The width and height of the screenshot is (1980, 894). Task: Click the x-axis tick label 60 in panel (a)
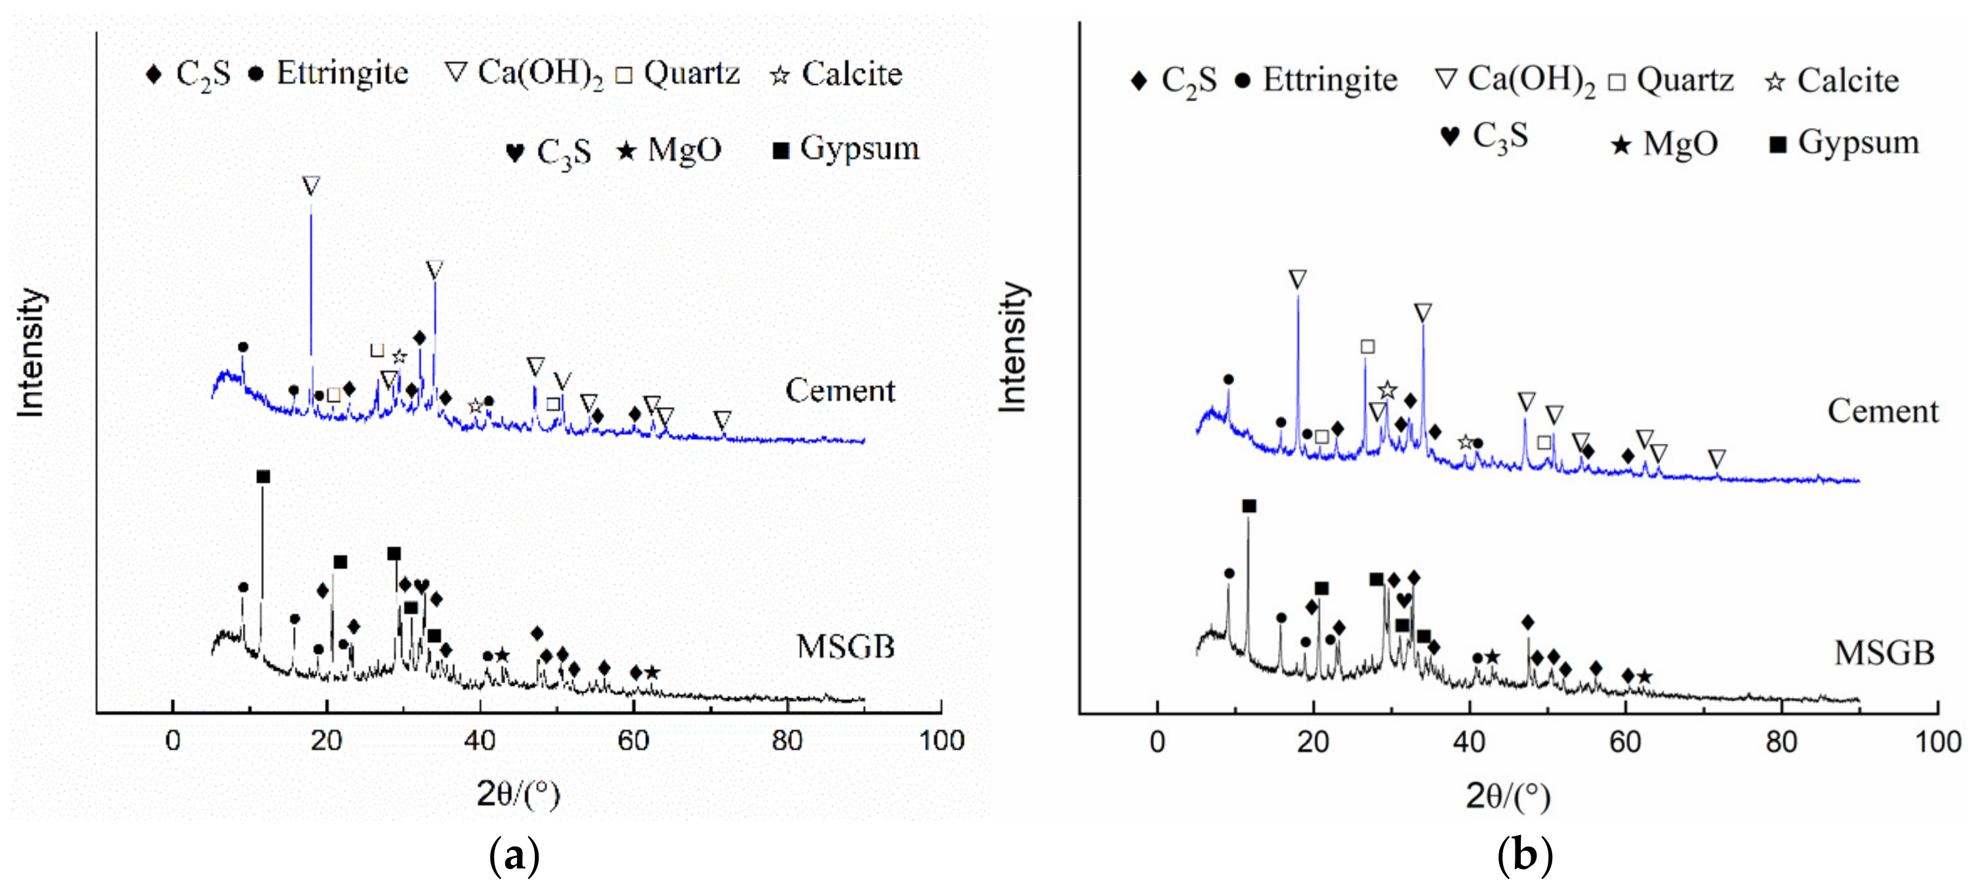tap(633, 741)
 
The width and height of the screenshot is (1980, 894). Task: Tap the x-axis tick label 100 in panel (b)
tap(1937, 742)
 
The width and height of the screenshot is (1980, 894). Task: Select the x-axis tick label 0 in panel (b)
tap(1157, 742)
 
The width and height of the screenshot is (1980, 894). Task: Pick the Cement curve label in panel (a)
tap(839, 391)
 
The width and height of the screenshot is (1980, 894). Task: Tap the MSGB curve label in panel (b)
tap(1883, 653)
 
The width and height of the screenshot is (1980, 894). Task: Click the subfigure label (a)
tap(514, 855)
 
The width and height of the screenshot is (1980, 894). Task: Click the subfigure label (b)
tap(1524, 855)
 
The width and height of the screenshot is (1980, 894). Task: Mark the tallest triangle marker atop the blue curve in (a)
tap(310, 186)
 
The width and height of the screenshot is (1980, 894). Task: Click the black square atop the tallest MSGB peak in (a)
tap(263, 477)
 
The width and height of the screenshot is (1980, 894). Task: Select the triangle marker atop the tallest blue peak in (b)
tap(1298, 280)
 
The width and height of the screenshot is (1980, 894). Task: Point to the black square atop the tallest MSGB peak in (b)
tap(1249, 507)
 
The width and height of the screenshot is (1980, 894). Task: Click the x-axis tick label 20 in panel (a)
tap(327, 741)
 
